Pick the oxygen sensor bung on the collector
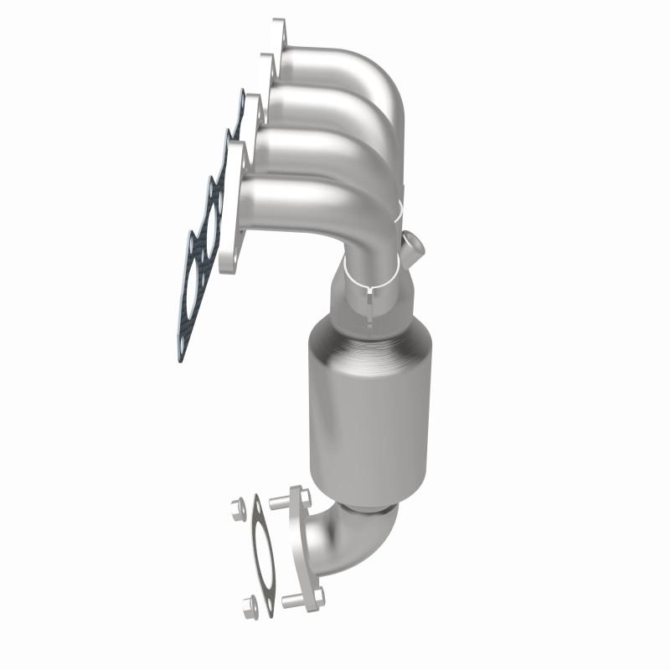click(413, 248)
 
